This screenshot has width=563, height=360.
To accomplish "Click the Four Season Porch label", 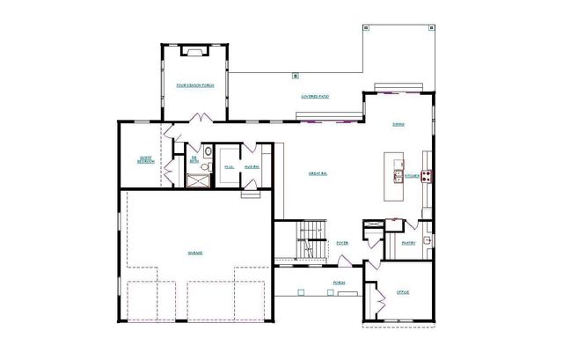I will [194, 85].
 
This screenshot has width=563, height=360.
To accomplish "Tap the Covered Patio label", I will [314, 96].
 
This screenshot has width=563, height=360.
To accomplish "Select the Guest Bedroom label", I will [146, 159].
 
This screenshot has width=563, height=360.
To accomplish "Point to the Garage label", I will [194, 253].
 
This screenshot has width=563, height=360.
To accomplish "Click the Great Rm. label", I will [318, 174].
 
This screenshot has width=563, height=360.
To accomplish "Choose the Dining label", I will [398, 124].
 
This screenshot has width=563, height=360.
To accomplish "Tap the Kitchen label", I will [412, 176].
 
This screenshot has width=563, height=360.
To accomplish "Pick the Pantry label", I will [408, 243].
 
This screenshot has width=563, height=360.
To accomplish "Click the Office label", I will [403, 291].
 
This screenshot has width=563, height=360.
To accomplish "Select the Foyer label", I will [344, 243].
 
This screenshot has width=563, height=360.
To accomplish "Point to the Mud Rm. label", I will [251, 165].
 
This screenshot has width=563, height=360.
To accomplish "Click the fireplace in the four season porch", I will [193, 52].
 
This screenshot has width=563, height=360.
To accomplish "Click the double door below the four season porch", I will [201, 117].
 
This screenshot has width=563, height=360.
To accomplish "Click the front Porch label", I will [338, 283].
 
